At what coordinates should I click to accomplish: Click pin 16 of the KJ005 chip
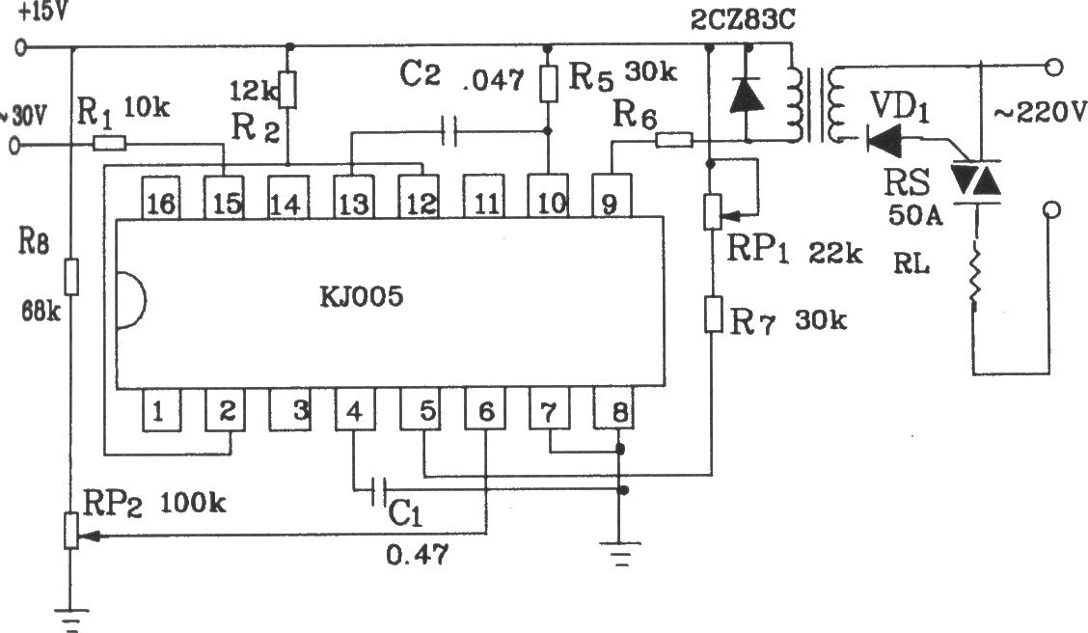[x=160, y=197]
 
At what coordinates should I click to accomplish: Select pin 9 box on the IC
[x=612, y=196]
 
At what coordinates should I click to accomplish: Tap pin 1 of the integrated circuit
[x=161, y=409]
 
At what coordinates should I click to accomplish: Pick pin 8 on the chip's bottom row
[x=613, y=408]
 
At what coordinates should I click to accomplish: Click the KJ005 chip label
[x=362, y=297]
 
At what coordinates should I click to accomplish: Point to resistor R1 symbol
[x=110, y=144]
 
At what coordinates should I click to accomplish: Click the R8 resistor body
[x=70, y=277]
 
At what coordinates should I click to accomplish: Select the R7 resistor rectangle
[x=713, y=315]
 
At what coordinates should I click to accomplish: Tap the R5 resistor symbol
[x=548, y=84]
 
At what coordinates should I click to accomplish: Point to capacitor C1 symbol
[x=378, y=491]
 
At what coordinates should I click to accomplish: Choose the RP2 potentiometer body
[x=70, y=531]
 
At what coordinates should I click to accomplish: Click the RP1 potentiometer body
[x=713, y=211]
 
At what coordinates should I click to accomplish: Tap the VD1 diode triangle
[x=884, y=142]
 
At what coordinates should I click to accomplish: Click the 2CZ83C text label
[x=743, y=20]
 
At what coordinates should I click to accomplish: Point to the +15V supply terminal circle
[x=21, y=48]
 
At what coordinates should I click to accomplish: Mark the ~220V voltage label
[x=1040, y=111]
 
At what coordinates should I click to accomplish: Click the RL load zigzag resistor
[x=975, y=276]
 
